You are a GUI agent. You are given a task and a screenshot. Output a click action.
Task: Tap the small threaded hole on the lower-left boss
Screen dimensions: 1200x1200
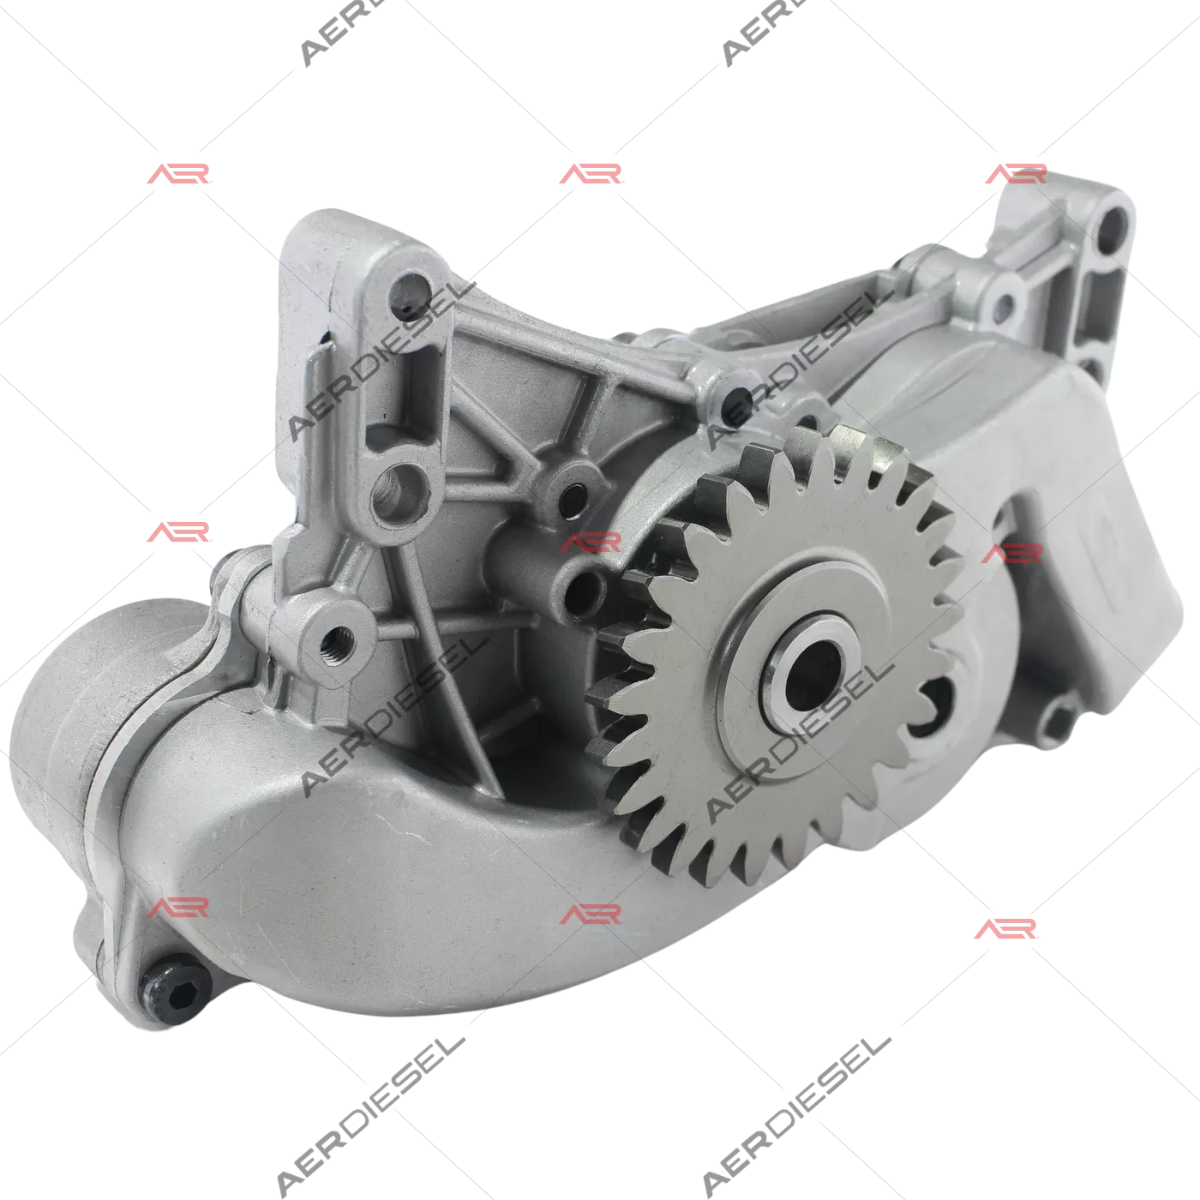[x=337, y=641]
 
